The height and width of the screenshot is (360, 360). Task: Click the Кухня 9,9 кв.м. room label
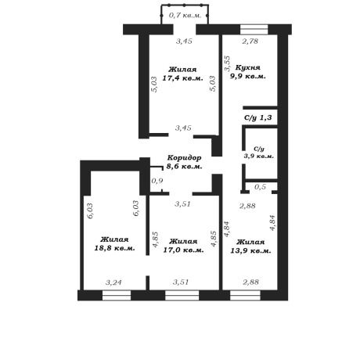coord(247,72)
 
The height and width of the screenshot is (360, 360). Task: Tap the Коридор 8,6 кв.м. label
coord(184,162)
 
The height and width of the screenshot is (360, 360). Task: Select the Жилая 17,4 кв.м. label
coord(182,74)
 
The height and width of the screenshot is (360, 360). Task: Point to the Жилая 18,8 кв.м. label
coord(114,243)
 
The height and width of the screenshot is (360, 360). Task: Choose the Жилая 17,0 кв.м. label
coord(183,246)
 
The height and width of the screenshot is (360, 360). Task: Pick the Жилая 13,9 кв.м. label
coord(250,247)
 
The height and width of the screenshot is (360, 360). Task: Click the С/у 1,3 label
coord(258,117)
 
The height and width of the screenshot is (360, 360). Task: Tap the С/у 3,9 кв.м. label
coord(259,153)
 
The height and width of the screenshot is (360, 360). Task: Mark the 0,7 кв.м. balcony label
coord(185,15)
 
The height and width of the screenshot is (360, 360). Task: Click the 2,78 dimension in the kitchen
coord(250,41)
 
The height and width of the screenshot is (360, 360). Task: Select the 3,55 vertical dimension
coord(228,63)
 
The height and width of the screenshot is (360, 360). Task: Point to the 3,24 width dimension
coord(113,283)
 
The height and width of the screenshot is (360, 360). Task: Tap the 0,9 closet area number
coord(157,181)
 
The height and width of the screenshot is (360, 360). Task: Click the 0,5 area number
coord(260,186)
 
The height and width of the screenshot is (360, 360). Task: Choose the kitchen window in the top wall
coord(254,29)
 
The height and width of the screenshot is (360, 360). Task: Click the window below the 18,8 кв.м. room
coord(117,296)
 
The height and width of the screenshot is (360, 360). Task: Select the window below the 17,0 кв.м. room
coord(182,296)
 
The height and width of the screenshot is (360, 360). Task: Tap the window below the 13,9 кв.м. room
coord(245,296)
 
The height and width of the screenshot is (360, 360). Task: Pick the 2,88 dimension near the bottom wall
coord(250,282)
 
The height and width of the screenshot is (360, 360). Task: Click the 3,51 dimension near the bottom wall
coord(181,282)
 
